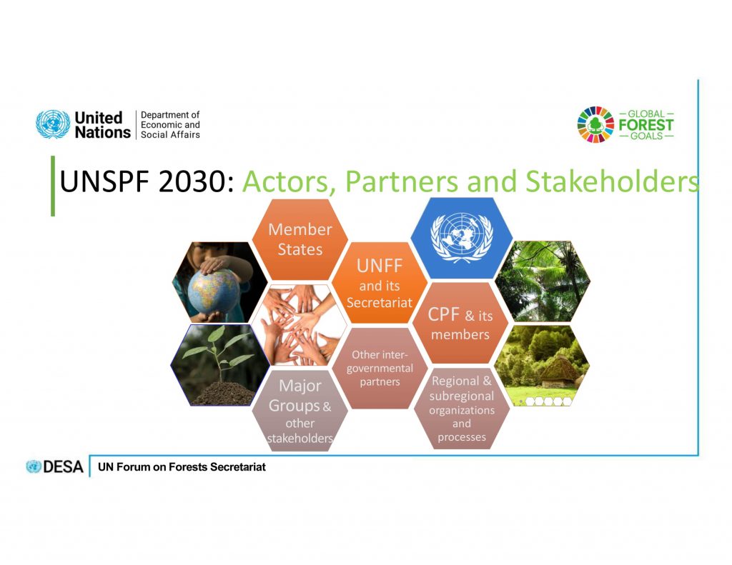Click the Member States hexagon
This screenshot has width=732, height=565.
[300, 239]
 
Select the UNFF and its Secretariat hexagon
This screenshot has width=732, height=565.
[380, 283]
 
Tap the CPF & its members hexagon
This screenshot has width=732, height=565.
[460, 323]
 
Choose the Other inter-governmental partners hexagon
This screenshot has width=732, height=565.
[380, 368]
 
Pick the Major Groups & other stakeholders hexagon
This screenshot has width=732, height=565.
[300, 411]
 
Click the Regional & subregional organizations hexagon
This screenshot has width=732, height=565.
[462, 409]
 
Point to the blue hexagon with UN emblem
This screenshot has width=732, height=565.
[462, 238]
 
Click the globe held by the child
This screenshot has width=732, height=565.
[214, 292]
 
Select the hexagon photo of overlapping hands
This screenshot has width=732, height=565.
[300, 325]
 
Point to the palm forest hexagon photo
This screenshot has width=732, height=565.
[543, 281]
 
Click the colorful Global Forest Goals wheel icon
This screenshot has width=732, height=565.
[595, 124]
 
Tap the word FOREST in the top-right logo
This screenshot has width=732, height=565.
[646, 125]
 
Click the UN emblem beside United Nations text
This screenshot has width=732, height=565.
[53, 124]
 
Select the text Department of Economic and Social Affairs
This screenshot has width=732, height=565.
[170, 125]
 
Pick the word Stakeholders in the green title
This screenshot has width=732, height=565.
[613, 181]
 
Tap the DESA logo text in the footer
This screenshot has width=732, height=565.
[55, 466]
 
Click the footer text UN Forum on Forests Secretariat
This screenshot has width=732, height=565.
[182, 467]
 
